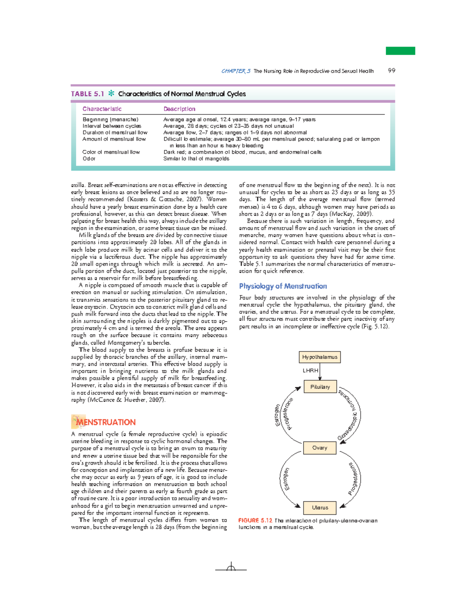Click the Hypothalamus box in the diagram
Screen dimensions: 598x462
[320, 357]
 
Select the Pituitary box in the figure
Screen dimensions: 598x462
[320, 387]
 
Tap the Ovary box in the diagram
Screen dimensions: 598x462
[320, 448]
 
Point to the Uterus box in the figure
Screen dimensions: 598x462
[320, 508]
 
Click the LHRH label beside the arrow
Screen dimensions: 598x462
[310, 370]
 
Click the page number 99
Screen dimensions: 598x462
[392, 70]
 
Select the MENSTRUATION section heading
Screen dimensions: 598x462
[105, 422]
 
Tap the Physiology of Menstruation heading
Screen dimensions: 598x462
[283, 286]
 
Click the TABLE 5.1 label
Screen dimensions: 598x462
[87, 94]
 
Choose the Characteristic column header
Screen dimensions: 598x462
[102, 109]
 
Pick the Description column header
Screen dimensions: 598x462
[179, 109]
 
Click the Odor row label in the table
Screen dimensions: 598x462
[89, 158]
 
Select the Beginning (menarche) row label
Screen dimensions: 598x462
[110, 119]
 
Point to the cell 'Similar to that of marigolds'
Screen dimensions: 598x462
[196, 158]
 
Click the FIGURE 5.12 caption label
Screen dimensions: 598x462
[255, 520]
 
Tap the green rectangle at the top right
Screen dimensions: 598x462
[400, 51]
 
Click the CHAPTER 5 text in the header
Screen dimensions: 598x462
[236, 71]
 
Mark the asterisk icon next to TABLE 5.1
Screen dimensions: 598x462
[111, 93]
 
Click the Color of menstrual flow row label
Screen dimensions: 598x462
[111, 152]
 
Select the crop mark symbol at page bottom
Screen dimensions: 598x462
[231, 568]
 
